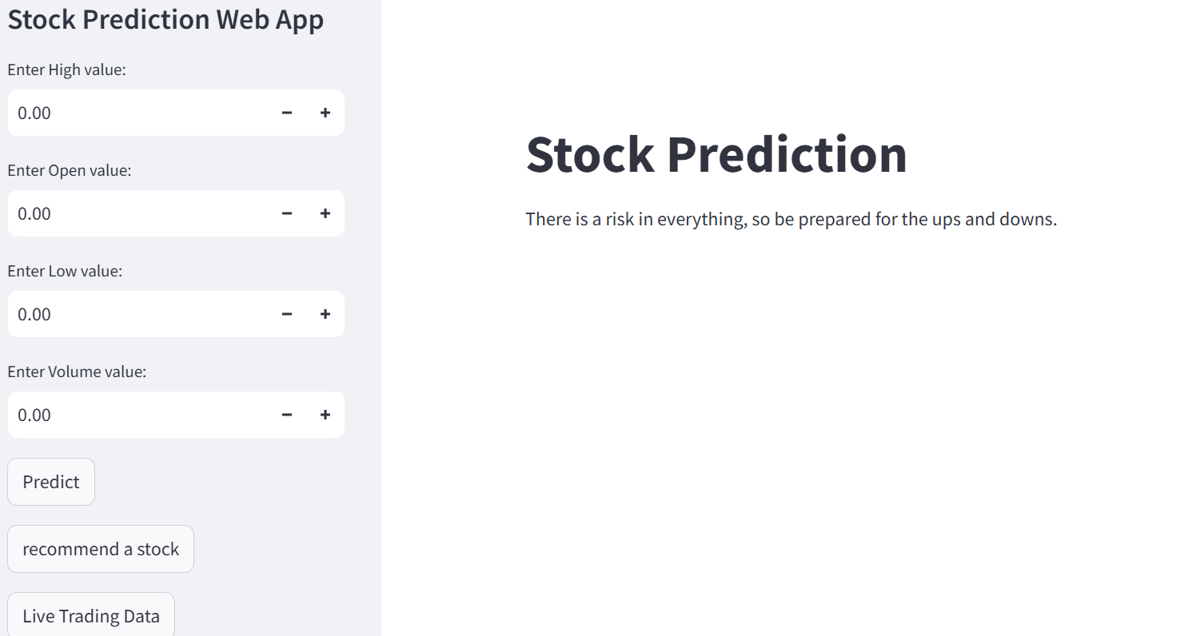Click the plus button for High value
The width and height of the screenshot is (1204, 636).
pyautogui.click(x=325, y=113)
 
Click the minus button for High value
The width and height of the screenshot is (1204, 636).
pyautogui.click(x=287, y=113)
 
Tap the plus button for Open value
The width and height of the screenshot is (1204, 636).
pyautogui.click(x=325, y=213)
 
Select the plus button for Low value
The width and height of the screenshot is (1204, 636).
pyautogui.click(x=325, y=314)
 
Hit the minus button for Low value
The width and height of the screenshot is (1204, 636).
pyautogui.click(x=287, y=314)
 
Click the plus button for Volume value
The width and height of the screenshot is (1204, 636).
pyautogui.click(x=325, y=415)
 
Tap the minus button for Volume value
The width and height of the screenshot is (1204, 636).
pyautogui.click(x=287, y=415)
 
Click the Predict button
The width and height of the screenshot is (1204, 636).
pyautogui.click(x=51, y=482)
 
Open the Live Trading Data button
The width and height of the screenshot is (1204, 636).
pyautogui.click(x=91, y=616)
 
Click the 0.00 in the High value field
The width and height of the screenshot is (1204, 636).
pyautogui.click(x=34, y=113)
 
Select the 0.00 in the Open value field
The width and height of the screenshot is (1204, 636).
pyautogui.click(x=34, y=213)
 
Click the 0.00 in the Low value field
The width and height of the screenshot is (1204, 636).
pyautogui.click(x=34, y=314)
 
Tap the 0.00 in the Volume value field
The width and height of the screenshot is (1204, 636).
pyautogui.click(x=34, y=415)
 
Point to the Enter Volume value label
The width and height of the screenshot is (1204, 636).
pyautogui.click(x=77, y=372)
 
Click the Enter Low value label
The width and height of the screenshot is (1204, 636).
pyautogui.click(x=65, y=271)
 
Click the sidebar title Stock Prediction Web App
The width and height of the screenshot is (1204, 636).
pyautogui.click(x=165, y=20)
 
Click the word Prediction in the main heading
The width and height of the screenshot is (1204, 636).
pyautogui.click(x=787, y=154)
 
